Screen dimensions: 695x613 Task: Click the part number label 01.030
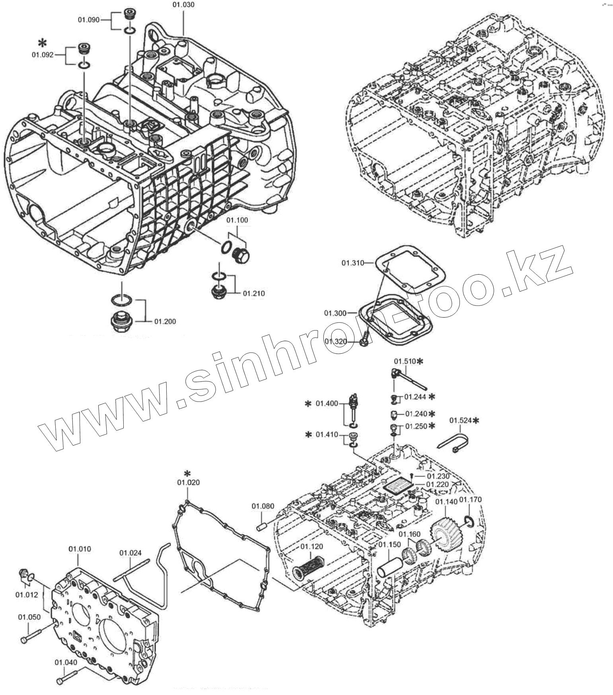tap(183, 4)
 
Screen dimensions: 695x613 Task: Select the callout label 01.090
tap(88, 20)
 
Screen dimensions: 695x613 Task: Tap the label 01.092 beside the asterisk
tap(43, 55)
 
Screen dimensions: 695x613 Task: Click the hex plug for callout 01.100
tap(241, 255)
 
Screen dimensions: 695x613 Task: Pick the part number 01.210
tap(254, 293)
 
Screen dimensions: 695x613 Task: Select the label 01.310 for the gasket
tap(352, 263)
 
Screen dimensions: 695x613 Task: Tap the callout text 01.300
tap(335, 313)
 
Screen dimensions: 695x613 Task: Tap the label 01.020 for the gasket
tap(188, 482)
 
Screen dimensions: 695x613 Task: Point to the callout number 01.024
tap(130, 553)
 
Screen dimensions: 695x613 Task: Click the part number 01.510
tap(404, 361)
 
